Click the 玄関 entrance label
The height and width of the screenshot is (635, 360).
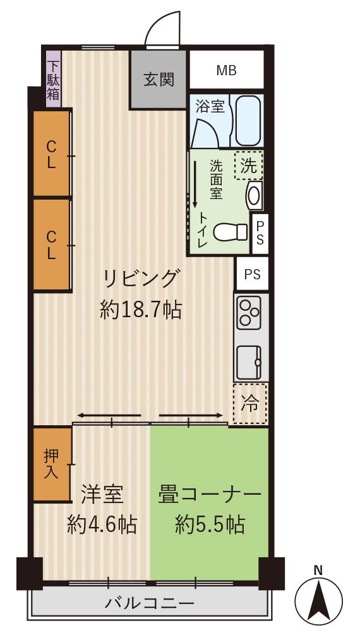coord(159,80)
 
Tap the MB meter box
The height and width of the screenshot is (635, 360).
coord(226,70)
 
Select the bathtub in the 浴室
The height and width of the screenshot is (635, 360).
coord(249,121)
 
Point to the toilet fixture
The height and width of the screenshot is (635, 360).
coord(230,232)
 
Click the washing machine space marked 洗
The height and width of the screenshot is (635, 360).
coord(249,165)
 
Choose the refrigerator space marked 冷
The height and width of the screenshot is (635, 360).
coord(250,404)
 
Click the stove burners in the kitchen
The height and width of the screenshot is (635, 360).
coord(249,313)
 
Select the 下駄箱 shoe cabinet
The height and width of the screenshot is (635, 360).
coord(54,80)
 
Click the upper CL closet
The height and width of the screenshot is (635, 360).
coord(51,154)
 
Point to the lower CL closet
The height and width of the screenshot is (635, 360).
coord(51,245)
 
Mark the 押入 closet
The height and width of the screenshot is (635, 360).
coord(51,464)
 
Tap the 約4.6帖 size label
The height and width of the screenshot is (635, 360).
coord(102,525)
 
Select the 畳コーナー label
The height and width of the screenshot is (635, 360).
coord(209,495)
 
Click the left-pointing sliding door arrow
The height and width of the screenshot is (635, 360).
coord(109,416)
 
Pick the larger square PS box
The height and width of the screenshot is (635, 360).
coord(252,274)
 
